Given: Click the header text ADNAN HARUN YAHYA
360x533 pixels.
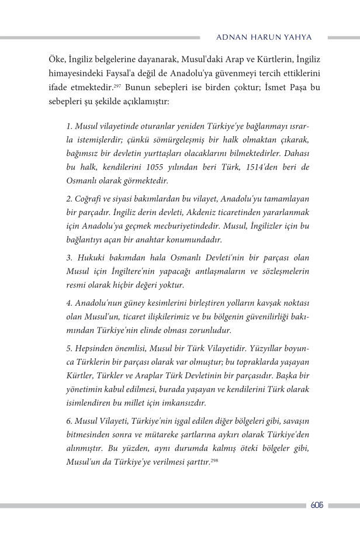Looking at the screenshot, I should point(264,37).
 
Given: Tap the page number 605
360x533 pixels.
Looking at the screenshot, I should point(318,505).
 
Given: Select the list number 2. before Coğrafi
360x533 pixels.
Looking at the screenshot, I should point(70,200).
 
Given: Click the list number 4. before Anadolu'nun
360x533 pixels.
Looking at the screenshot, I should point(70,303).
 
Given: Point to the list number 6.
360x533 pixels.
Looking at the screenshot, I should point(70,422).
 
